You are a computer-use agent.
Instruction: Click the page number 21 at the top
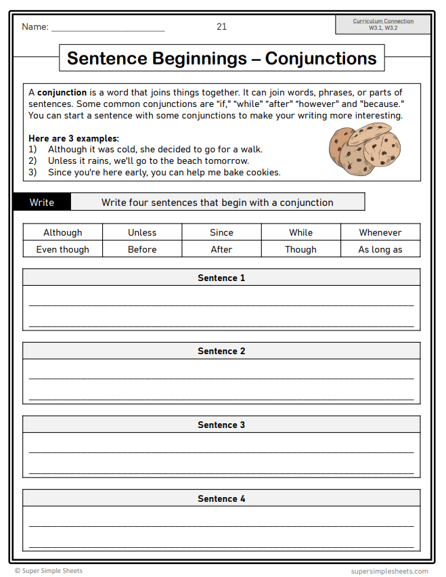pyautogui.click(x=221, y=26)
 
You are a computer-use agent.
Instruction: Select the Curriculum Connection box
pyautogui.click(x=383, y=24)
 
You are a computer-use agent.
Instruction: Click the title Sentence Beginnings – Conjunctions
pyautogui.click(x=221, y=58)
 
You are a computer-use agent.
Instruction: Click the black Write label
pyautogui.click(x=42, y=202)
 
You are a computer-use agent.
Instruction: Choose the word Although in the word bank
pyautogui.click(x=63, y=232)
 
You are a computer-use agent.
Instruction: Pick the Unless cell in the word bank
pyautogui.click(x=142, y=232)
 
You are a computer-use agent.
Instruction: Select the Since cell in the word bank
pyautogui.click(x=221, y=232)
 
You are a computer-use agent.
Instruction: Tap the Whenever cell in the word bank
pyautogui.click(x=380, y=232)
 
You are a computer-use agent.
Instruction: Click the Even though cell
pyautogui.click(x=63, y=249)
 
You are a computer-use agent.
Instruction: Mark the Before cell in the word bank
pyautogui.click(x=142, y=249)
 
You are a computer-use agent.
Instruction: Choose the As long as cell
pyautogui.click(x=380, y=249)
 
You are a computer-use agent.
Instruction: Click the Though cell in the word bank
pyautogui.click(x=300, y=249)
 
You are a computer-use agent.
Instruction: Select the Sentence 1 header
pyautogui.click(x=221, y=278)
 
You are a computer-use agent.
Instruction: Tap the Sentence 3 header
pyautogui.click(x=221, y=425)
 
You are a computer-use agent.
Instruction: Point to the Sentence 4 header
pyautogui.click(x=221, y=498)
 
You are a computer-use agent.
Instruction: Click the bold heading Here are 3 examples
pyautogui.click(x=74, y=138)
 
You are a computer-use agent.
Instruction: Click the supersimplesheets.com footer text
pyautogui.click(x=389, y=571)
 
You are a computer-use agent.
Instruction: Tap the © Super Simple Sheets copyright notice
pyautogui.click(x=49, y=571)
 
